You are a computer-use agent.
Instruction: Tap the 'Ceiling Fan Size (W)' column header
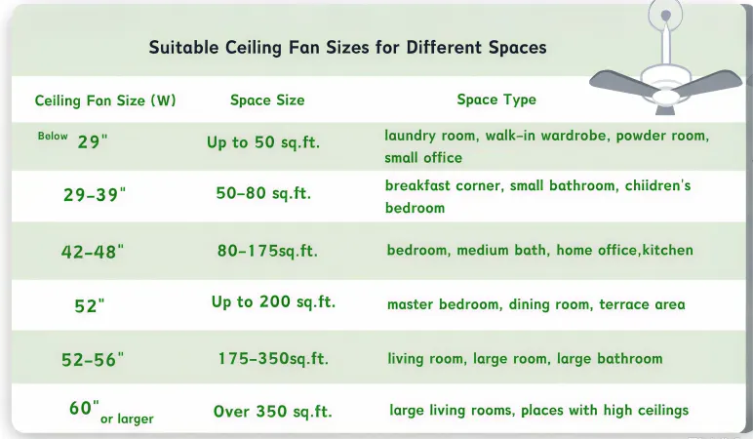pos(105,100)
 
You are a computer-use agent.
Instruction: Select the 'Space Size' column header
pos(267,100)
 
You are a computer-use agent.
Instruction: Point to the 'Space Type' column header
pos(496,100)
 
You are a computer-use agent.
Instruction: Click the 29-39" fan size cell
pos(95,195)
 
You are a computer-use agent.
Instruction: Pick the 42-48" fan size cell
pos(94,251)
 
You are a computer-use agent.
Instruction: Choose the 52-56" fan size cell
pos(94,360)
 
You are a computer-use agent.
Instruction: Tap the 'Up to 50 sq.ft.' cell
pos(263,143)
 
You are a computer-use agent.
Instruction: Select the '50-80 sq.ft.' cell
pos(263,194)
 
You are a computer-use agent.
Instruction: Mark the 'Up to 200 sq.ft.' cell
pos(273,302)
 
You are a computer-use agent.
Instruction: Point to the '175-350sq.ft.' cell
pos(273,359)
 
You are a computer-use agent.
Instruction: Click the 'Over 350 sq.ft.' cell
pos(273,412)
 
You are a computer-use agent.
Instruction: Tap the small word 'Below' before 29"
pos(53,137)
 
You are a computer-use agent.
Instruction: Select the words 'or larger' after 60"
pos(127,419)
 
